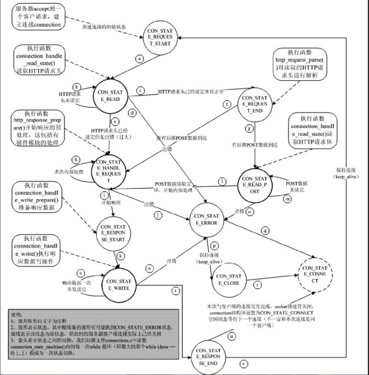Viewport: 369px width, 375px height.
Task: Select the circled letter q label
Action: click(x=266, y=230)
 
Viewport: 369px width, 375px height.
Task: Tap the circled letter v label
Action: click(x=244, y=364)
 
